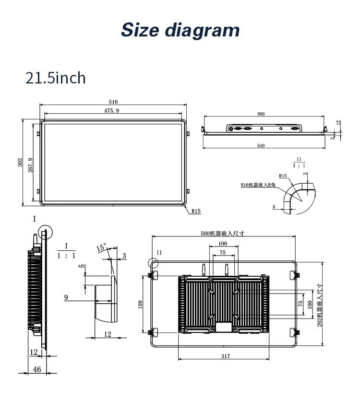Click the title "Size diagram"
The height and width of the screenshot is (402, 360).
click(180, 29)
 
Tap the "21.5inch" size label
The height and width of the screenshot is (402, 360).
click(55, 78)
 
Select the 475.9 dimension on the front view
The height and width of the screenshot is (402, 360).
click(112, 110)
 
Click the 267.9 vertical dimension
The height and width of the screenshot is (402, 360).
click(31, 166)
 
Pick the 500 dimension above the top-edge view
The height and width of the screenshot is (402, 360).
click(261, 114)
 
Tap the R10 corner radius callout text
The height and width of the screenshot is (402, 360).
click(258, 185)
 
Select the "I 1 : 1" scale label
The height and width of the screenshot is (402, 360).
click(66, 251)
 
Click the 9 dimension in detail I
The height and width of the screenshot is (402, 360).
click(66, 297)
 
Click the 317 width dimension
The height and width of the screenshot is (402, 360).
click(226, 356)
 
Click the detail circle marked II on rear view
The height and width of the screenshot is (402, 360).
click(153, 262)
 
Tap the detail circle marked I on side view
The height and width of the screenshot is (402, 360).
click(45, 232)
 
